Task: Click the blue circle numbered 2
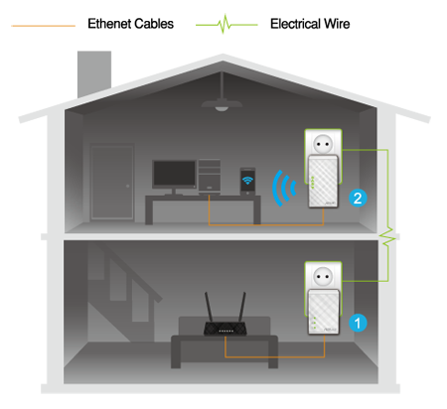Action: [x=358, y=199]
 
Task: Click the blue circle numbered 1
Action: [x=358, y=323]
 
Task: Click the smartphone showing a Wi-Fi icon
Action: [x=247, y=181]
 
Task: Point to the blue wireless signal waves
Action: [x=283, y=188]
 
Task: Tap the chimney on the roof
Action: [x=94, y=74]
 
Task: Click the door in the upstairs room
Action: [x=112, y=183]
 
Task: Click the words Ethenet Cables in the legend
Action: [x=130, y=24]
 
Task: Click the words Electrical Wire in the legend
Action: [x=310, y=24]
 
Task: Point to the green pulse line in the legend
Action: [x=226, y=25]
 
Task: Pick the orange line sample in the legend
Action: [x=44, y=26]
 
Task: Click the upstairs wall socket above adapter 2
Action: [x=323, y=144]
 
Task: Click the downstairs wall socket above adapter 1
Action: [x=323, y=276]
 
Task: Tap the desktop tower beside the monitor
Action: [x=210, y=176]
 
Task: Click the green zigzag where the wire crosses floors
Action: [x=387, y=236]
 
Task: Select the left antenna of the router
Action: [x=210, y=308]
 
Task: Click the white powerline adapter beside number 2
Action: [x=323, y=182]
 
